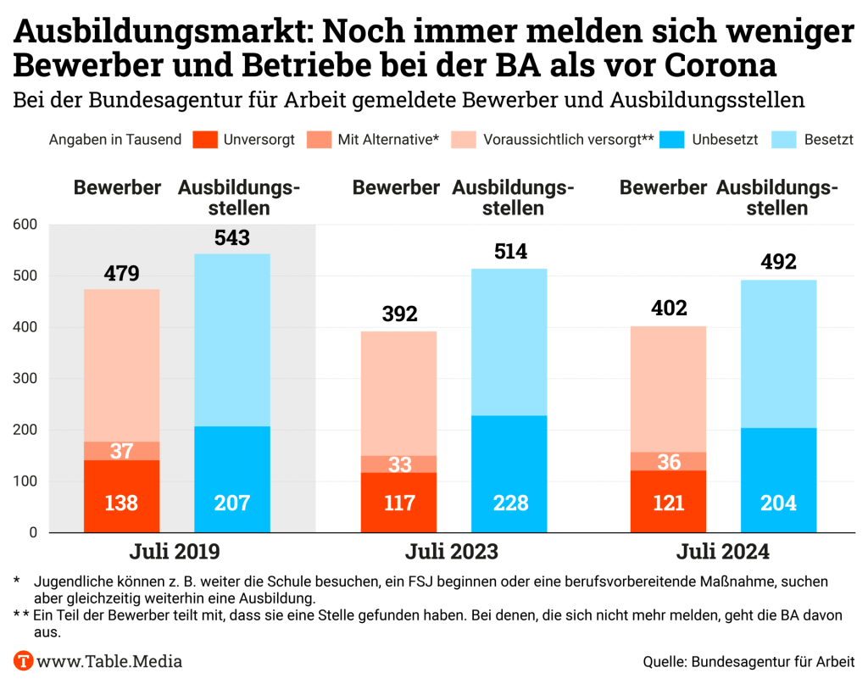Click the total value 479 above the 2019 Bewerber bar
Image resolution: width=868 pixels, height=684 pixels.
pyautogui.click(x=121, y=274)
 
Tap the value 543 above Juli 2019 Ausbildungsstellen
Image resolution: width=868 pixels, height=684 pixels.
pyautogui.click(x=232, y=238)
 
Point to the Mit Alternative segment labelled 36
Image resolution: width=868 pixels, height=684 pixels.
pyautogui.click(x=670, y=462)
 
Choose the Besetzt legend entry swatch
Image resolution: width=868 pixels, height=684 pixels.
pyautogui.click(x=793, y=140)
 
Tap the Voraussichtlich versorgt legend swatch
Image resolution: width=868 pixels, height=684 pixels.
pyautogui.click(x=466, y=140)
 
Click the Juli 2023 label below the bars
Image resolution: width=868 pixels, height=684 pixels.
pyautogui.click(x=451, y=553)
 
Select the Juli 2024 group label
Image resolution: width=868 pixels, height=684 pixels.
pyautogui.click(x=722, y=553)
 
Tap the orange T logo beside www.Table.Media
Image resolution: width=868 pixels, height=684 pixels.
pyautogui.click(x=24, y=661)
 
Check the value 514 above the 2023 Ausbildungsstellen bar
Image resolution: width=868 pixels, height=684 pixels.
pyautogui.click(x=509, y=252)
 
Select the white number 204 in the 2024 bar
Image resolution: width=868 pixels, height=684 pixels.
pyautogui.click(x=778, y=503)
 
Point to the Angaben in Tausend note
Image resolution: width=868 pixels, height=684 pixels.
pyautogui.click(x=115, y=140)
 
